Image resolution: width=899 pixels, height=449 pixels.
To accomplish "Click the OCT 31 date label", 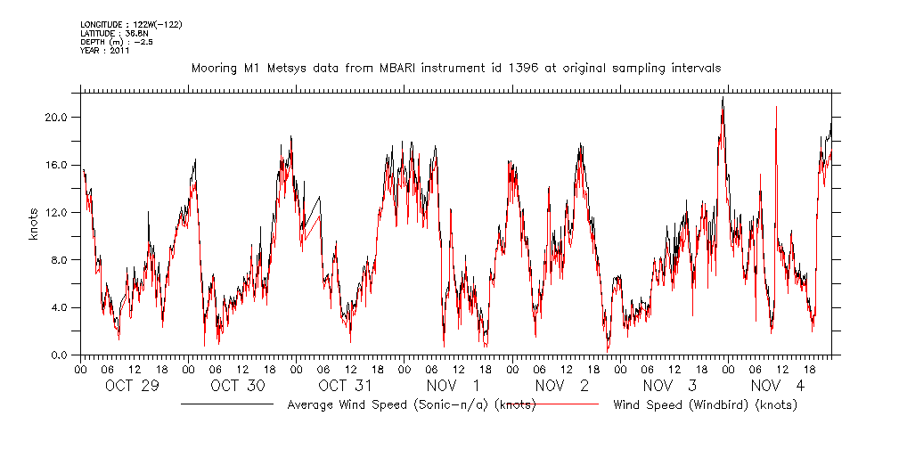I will [x=345, y=386].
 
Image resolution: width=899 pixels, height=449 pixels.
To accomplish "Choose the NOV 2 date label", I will [x=562, y=386].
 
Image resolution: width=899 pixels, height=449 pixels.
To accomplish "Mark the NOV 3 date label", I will [x=669, y=386].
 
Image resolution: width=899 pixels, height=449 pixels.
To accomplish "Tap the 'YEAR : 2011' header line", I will [x=105, y=51].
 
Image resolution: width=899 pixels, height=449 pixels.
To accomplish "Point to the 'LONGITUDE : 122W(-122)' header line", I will [x=131, y=24].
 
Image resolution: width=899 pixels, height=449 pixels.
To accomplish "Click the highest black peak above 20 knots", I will [x=723, y=98].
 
